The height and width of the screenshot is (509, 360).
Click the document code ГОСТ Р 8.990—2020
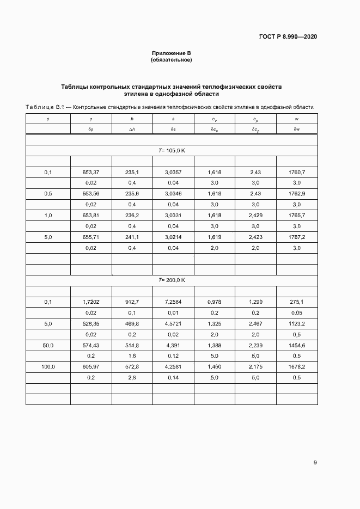288,37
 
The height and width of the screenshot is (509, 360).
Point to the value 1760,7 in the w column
297,172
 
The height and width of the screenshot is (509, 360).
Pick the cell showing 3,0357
173,172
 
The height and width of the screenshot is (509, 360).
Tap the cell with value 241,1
132,237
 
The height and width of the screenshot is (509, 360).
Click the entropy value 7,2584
173,302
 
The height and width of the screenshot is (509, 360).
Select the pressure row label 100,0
48,366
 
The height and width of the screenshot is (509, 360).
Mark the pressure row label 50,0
48,345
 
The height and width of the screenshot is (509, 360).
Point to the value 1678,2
297,366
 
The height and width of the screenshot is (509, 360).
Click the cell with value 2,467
255,323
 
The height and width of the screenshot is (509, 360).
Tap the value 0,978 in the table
214,302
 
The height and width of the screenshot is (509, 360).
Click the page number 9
315,463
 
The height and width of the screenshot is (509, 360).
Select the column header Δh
132,129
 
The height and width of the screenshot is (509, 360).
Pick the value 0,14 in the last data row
173,377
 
